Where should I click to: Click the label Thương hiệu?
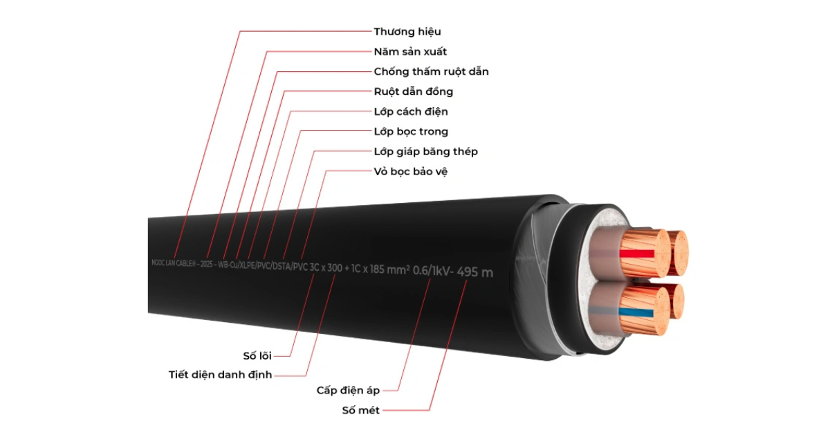[x=407, y=31]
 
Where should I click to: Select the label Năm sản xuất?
[x=410, y=51]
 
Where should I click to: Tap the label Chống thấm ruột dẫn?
[x=431, y=71]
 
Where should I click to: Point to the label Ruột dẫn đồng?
[x=413, y=91]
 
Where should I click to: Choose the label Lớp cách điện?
[x=411, y=112]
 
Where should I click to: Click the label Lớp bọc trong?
[x=411, y=132]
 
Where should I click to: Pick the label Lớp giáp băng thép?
[x=425, y=152]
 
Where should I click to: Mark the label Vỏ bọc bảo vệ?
[x=411, y=171]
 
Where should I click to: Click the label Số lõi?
[x=261, y=355]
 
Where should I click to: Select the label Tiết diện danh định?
[x=220, y=375]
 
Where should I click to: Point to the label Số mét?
[x=361, y=410]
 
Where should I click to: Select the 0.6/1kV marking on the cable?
[x=432, y=271]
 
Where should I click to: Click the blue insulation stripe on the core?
[x=636, y=312]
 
